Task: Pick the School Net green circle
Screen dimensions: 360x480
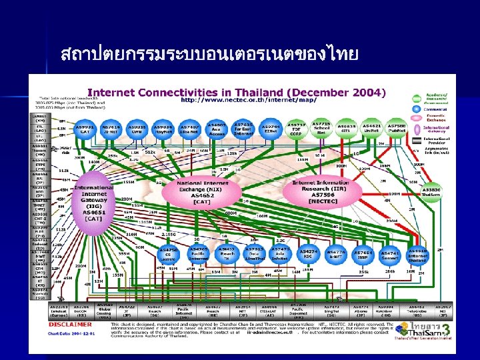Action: pyautogui.click(x=321, y=128)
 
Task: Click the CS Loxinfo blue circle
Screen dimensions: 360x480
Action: pyautogui.click(x=169, y=255)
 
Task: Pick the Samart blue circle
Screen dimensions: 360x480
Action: pyautogui.click(x=391, y=255)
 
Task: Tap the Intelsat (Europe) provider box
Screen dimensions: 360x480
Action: pyautogui.click(x=59, y=312)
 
